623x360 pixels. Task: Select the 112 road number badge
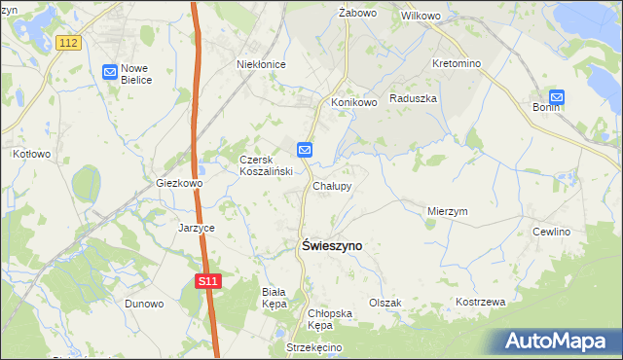click(x=67, y=43)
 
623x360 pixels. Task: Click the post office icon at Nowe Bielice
click(x=110, y=71)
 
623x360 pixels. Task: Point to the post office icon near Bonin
click(x=557, y=96)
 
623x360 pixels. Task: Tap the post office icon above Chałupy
click(x=305, y=150)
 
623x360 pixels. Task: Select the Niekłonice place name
click(x=261, y=64)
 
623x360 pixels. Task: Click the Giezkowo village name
click(x=179, y=183)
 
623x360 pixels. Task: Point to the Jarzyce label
click(x=196, y=228)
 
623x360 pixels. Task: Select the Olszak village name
click(x=385, y=303)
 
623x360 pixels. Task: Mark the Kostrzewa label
click(x=481, y=302)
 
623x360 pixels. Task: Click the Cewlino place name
click(x=551, y=232)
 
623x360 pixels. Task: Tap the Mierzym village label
click(x=448, y=210)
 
